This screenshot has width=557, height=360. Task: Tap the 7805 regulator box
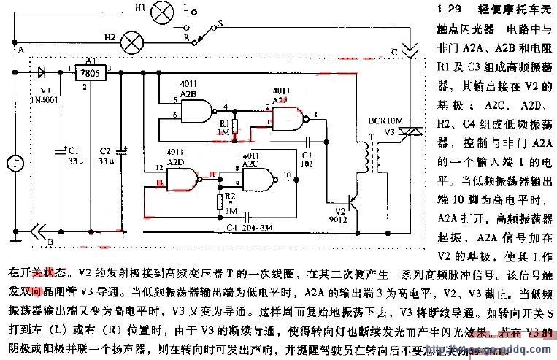[x=91, y=73]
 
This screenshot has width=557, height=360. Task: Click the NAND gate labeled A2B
[x=192, y=110]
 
